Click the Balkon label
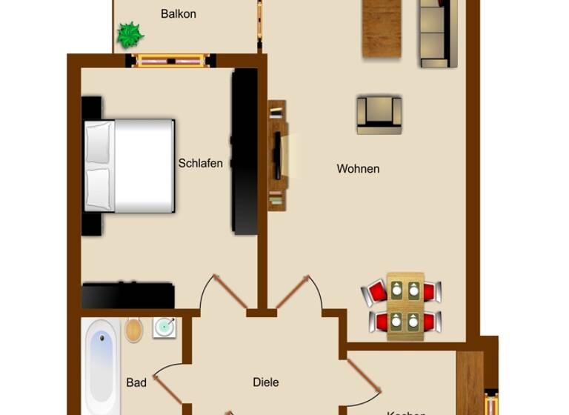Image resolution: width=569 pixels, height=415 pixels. [178, 13]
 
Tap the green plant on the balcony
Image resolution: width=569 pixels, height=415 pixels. [130, 34]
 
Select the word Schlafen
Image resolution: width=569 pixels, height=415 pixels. [200, 163]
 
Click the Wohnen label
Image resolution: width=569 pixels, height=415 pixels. [358, 169]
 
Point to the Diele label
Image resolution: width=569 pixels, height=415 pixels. [265, 382]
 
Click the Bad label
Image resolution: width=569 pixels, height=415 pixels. [136, 382]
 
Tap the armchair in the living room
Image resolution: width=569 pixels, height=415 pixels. [379, 114]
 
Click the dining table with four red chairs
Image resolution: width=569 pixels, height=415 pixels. [405, 306]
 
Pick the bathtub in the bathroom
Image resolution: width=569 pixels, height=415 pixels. [102, 367]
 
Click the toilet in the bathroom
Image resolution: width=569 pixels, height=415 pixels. [133, 330]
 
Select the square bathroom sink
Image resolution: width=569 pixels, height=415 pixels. [164, 328]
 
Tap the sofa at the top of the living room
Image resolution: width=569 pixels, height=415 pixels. [434, 33]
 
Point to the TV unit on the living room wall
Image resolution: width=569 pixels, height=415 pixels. [277, 155]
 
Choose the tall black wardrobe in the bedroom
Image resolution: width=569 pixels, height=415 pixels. [244, 152]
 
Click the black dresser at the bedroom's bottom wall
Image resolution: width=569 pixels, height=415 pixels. [127, 295]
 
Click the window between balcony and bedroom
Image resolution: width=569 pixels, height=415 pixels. [171, 61]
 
